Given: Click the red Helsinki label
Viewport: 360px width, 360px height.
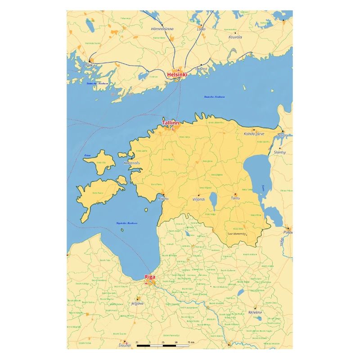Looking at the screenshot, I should click(x=177, y=74).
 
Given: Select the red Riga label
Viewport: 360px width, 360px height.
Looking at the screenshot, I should click(x=150, y=277).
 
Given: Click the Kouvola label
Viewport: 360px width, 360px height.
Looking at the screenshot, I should click(x=235, y=37).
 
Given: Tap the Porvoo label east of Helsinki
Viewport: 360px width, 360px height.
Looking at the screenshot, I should click(x=201, y=69).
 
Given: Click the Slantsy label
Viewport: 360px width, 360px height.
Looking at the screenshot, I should click(x=280, y=153).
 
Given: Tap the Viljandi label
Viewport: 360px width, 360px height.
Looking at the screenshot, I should click(x=198, y=198).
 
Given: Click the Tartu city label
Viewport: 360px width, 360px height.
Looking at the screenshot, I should click(x=235, y=198).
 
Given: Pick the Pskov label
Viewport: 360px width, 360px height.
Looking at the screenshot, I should click(x=288, y=232).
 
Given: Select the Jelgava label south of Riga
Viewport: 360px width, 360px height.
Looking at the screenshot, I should click(x=137, y=303).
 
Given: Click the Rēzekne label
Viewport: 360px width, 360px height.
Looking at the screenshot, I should click(x=255, y=312).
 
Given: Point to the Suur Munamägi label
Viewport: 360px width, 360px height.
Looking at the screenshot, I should click(x=237, y=234).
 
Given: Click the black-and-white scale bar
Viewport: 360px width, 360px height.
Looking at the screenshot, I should click(x=163, y=346).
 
